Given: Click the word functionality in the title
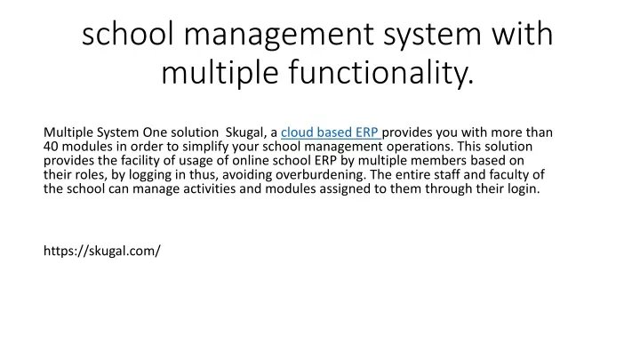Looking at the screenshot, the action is point(380,72).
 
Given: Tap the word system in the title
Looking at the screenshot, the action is point(433,35).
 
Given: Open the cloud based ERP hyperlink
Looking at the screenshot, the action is point(331,132).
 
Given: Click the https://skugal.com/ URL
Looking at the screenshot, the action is point(102,251).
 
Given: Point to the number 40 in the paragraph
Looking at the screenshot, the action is point(51,147).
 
